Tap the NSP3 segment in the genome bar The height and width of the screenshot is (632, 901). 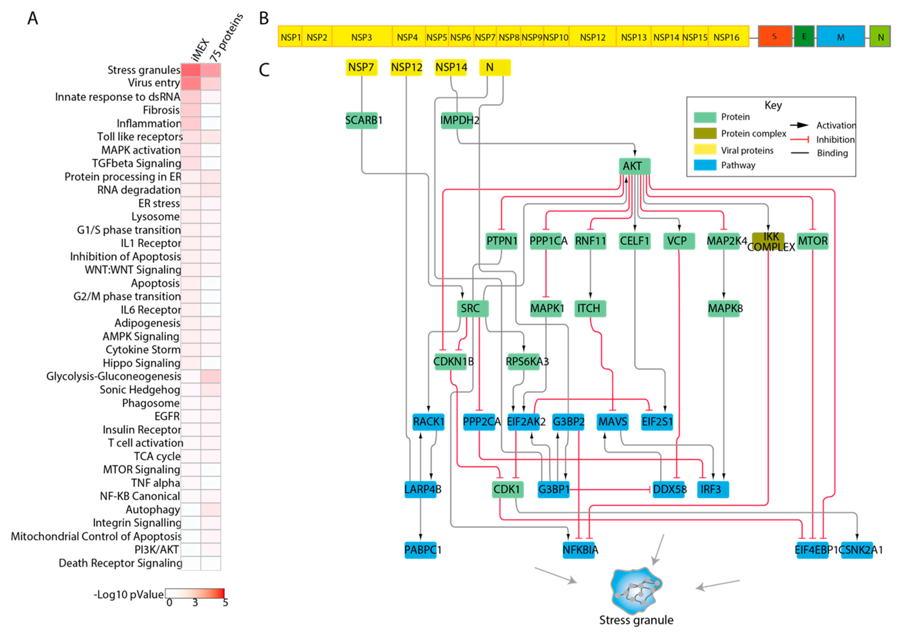point(361,37)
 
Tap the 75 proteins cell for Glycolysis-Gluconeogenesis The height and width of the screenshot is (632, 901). point(211,376)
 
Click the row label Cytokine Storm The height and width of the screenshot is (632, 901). point(143,349)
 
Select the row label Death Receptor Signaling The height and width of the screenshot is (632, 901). point(120,563)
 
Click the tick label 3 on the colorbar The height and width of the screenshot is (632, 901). point(195,603)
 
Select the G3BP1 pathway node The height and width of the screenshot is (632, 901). point(553,489)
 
